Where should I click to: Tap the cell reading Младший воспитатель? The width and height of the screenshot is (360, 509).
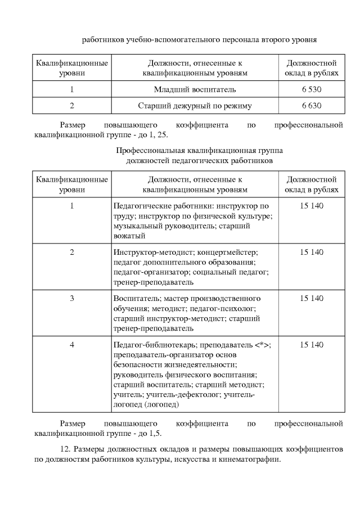pos(195,89)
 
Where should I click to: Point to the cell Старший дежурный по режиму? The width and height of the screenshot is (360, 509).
pos(195,105)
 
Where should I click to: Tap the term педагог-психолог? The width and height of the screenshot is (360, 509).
pos(231,309)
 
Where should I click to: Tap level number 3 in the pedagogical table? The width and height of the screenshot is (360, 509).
pos(72,299)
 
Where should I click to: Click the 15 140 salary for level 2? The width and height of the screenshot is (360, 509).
pos(312,253)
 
